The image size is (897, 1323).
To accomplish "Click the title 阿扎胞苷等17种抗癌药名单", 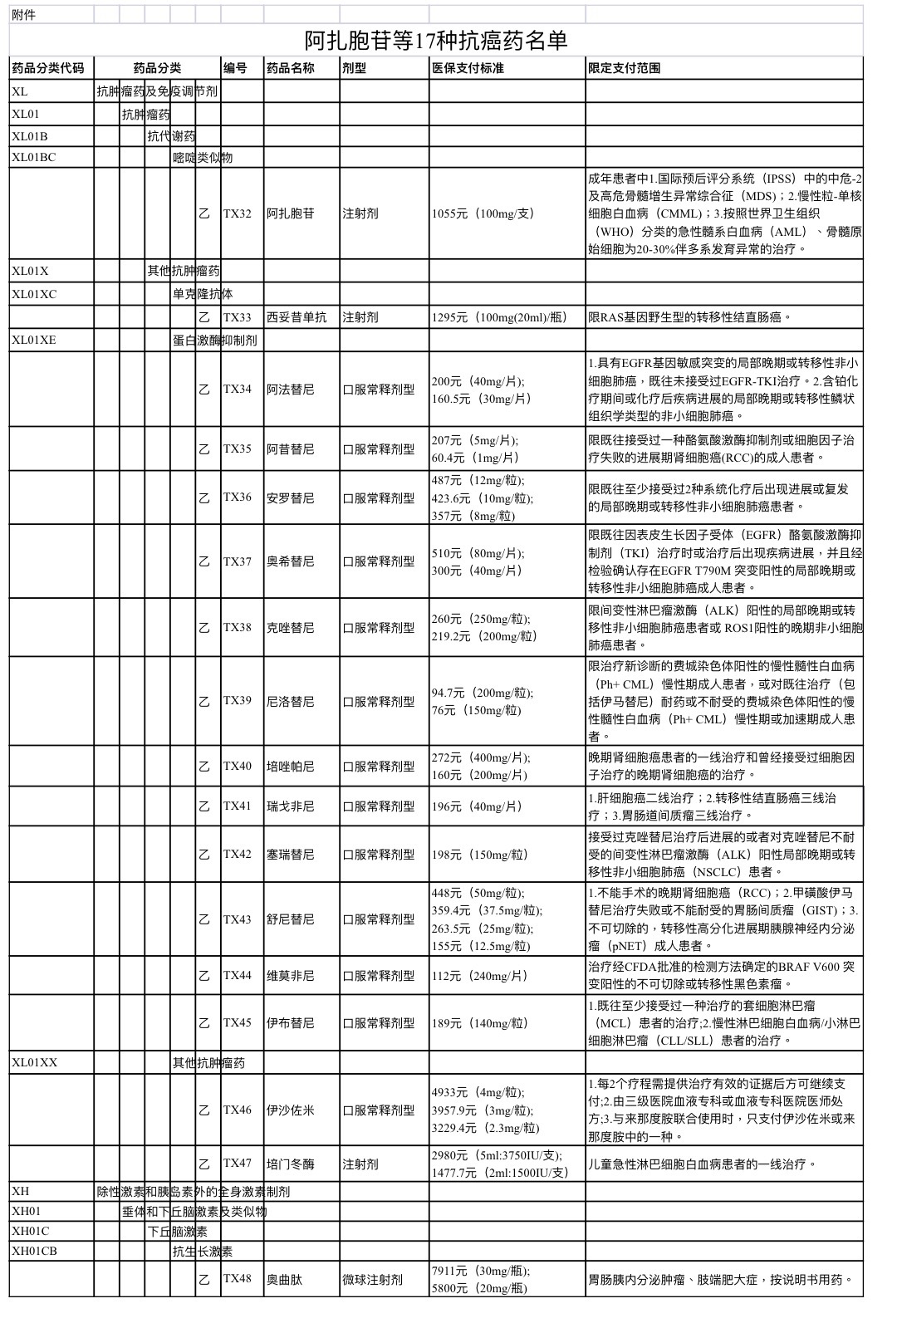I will click(x=435, y=41).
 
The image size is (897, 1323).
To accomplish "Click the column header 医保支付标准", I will click(x=468, y=68).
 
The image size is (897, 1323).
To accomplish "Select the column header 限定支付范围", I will click(x=624, y=68).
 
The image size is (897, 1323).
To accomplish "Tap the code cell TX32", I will click(x=237, y=213).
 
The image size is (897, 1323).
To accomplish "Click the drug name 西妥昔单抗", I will click(x=297, y=317).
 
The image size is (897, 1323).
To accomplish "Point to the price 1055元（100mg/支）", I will click(x=483, y=213).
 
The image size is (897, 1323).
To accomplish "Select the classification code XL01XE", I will click(x=34, y=340).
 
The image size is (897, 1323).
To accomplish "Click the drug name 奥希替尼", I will click(x=290, y=561).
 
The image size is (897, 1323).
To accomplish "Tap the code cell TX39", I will click(x=237, y=701).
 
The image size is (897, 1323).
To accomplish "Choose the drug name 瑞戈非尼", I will click(x=290, y=806).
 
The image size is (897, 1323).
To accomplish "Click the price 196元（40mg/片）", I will click(x=477, y=806).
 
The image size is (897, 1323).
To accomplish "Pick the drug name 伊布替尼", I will click(x=290, y=1023).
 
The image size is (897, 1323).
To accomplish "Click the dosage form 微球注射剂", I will click(x=372, y=1280).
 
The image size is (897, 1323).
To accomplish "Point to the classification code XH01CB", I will click(x=34, y=1252).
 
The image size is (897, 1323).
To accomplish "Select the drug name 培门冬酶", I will click(x=290, y=1164).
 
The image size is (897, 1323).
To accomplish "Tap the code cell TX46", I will click(x=237, y=1110).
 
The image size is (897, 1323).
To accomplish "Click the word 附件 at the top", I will click(x=24, y=15).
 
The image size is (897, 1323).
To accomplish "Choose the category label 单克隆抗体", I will click(x=203, y=294).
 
